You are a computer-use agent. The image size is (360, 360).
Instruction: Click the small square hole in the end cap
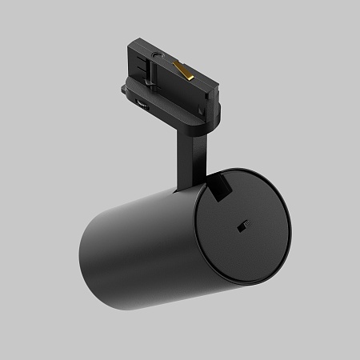[240, 228]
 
